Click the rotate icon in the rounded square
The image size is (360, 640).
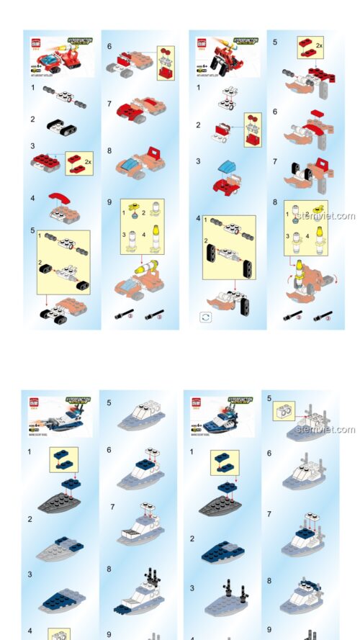(204, 316)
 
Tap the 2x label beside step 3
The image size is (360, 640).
(88, 163)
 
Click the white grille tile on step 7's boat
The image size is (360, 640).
(127, 533)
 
